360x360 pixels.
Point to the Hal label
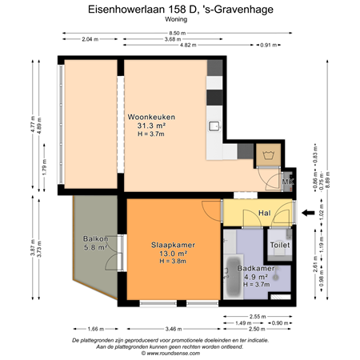pos(264,213)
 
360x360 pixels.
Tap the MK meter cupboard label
pos(287,182)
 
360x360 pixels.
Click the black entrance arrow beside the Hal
pos(307,213)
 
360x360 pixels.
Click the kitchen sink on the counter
pos(214,126)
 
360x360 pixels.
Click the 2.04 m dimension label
pos(90,39)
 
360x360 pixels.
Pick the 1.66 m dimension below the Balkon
pos(95,329)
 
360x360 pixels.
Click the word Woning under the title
pos(180,20)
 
